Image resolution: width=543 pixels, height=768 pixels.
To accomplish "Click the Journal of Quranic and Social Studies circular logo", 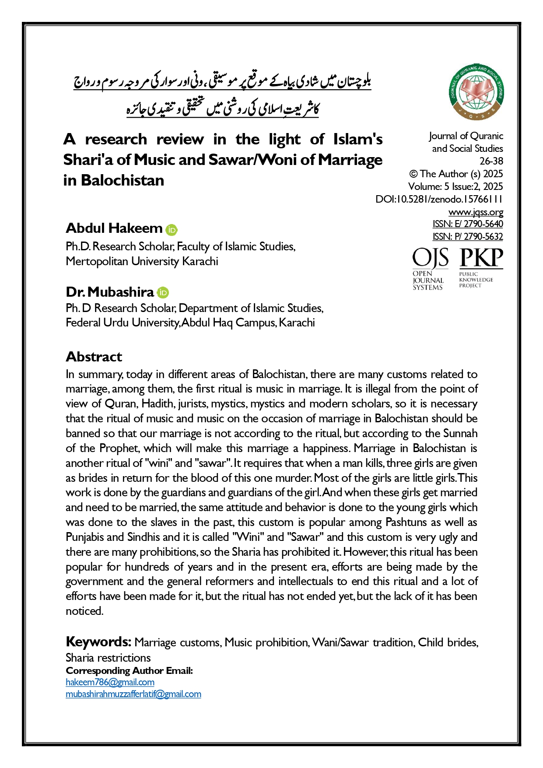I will pos(476,92).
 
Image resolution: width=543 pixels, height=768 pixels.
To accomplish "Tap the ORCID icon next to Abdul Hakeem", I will pos(172,230).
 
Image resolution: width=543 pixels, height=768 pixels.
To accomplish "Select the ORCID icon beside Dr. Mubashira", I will pos(163,293).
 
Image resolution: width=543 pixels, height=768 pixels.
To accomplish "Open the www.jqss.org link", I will pos(476,212).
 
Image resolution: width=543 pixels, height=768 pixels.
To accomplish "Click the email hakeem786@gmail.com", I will pos(110,682).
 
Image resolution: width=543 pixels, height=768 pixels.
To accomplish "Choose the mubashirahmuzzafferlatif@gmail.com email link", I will pos(133,694).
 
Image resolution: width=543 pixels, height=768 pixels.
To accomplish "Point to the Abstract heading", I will pos(94,357).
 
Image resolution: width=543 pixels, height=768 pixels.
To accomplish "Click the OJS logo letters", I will pos(430,258).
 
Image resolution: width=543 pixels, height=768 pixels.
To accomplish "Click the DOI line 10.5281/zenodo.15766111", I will pos(439,200).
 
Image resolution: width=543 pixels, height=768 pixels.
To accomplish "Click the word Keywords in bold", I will pos(98,642).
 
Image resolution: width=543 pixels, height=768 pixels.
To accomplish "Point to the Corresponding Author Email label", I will pos(129,670).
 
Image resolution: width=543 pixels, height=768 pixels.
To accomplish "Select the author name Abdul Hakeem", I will pos(114,228).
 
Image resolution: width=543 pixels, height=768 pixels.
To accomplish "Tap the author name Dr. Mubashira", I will pos(110,292).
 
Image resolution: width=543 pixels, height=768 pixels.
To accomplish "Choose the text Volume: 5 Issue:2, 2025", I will pos(455,186).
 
